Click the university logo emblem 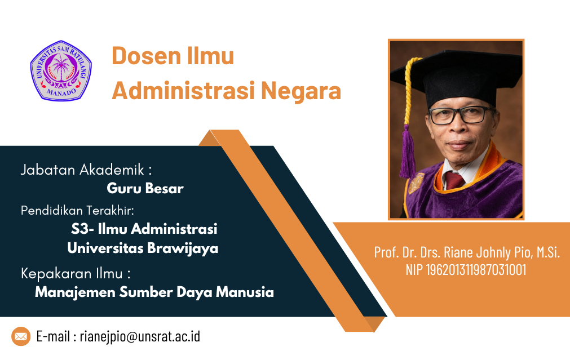(61, 70)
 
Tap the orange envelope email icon (21, 336)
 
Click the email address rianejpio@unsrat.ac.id (140, 336)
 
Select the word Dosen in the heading (147, 56)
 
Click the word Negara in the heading (301, 91)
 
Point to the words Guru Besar (145, 188)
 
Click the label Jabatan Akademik (82, 170)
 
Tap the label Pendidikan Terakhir (77, 210)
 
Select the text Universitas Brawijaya (143, 248)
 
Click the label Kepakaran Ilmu (72, 274)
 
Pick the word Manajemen (75, 292)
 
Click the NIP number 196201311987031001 (476, 270)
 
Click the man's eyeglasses (460, 115)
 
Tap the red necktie (454, 180)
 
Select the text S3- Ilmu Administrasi (144, 229)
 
